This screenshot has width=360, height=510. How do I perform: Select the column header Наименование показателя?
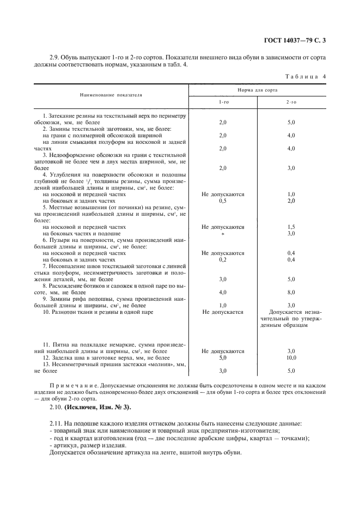pos(111,94)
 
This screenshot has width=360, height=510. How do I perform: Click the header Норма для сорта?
pos(257,89)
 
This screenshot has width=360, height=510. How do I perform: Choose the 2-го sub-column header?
pos(291,102)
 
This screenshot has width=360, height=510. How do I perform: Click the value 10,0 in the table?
pos(291,357)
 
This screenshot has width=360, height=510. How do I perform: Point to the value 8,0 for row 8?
pos(291,293)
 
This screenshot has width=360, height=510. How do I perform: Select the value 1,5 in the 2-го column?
pos(291,227)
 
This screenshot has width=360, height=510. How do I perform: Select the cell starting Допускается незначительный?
pos(291,318)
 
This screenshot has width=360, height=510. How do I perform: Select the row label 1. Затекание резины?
pos(79,116)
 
